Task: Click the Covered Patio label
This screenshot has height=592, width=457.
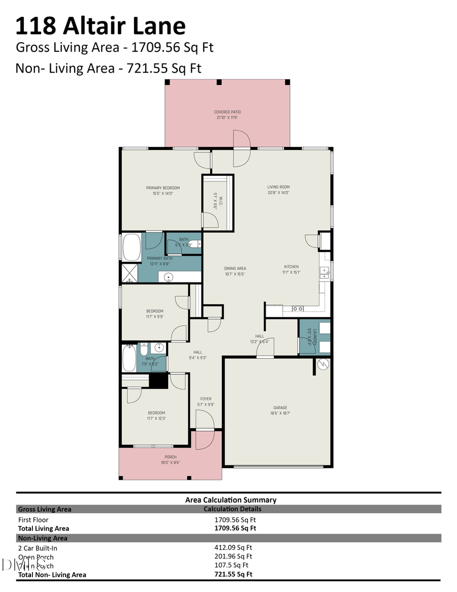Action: (x=227, y=114)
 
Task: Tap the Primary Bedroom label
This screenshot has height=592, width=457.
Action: (x=163, y=191)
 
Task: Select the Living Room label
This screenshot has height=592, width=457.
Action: (x=278, y=190)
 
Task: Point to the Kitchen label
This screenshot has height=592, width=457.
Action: (x=291, y=269)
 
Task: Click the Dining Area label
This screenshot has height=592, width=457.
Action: (x=235, y=271)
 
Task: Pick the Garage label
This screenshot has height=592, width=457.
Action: (x=280, y=410)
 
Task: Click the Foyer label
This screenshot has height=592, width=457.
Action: (x=206, y=401)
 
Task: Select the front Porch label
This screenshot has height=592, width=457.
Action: (x=170, y=459)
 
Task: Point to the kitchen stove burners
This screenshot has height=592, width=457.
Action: (x=298, y=308)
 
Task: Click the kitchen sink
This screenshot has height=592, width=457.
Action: (x=323, y=272)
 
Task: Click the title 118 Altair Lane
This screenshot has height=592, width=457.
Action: (x=101, y=25)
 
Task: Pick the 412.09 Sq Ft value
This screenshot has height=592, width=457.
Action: (x=233, y=548)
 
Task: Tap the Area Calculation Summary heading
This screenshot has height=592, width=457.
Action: (x=231, y=500)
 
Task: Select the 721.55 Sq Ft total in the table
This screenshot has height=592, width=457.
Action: (x=234, y=574)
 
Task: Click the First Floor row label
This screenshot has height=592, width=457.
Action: (x=34, y=520)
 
